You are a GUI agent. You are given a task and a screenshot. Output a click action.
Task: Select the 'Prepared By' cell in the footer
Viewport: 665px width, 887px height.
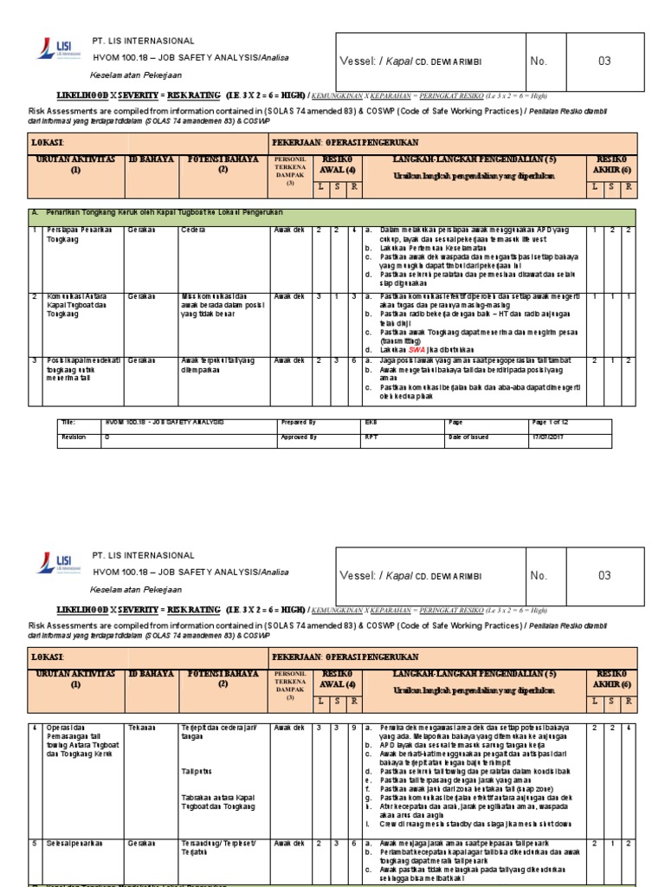tap(298, 422)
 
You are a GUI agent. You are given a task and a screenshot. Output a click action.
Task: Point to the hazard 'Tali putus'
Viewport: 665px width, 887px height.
tap(197, 770)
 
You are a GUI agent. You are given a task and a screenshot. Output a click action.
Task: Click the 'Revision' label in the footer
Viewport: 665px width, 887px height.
tap(74, 437)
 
